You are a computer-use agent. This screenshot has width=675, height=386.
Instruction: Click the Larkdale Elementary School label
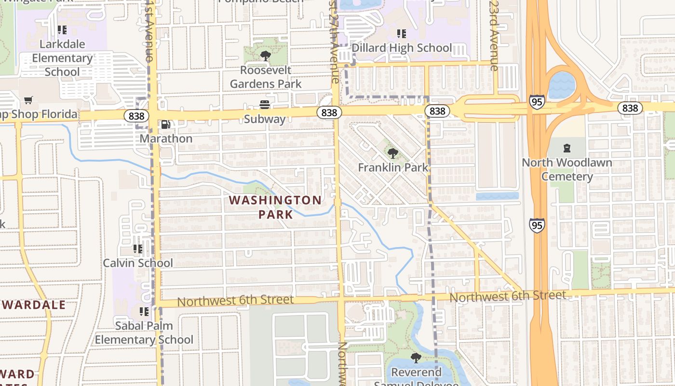click(62, 58)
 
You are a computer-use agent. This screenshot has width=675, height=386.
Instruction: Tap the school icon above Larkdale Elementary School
click(62, 30)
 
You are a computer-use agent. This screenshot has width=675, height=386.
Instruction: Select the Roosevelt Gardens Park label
click(266, 77)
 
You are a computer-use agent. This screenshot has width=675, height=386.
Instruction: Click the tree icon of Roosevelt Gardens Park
click(265, 56)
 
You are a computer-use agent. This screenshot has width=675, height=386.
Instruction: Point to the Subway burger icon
click(264, 105)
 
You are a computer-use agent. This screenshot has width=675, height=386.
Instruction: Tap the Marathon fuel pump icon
click(165, 124)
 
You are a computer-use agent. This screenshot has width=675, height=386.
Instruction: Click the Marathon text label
click(166, 138)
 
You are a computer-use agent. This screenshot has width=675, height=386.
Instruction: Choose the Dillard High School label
click(402, 48)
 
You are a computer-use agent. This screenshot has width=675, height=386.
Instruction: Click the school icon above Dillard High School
click(401, 34)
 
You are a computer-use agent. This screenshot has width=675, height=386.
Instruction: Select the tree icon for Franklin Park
click(393, 153)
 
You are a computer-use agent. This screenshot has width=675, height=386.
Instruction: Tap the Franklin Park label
click(393, 167)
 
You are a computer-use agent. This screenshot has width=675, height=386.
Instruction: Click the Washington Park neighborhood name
click(275, 207)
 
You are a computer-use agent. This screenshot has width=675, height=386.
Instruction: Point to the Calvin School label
click(138, 263)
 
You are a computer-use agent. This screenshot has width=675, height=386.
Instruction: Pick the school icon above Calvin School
click(138, 249)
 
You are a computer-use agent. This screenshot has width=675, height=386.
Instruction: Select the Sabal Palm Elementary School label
click(144, 333)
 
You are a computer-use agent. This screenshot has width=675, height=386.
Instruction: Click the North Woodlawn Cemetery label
click(567, 169)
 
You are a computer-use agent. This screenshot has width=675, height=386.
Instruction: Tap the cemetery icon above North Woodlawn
click(567, 148)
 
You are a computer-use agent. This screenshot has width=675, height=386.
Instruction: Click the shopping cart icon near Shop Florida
click(28, 100)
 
